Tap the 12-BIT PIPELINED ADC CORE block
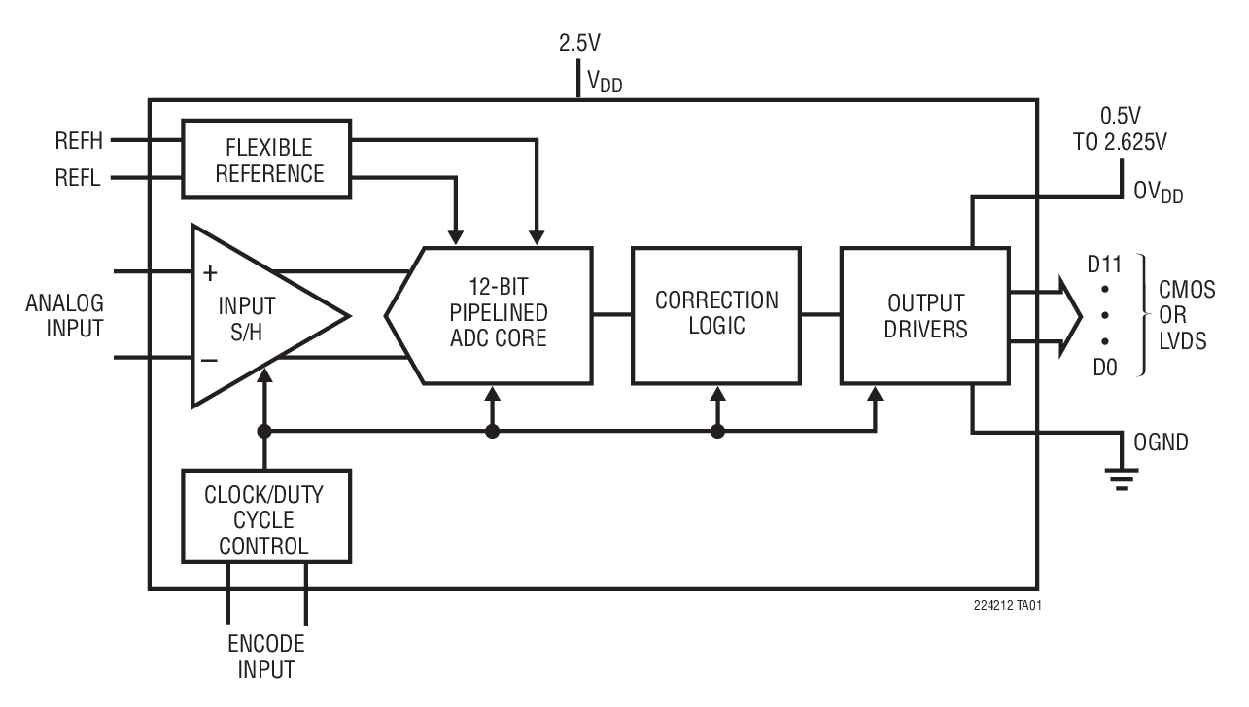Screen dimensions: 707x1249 point(500,316)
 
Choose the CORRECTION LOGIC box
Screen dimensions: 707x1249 point(716,314)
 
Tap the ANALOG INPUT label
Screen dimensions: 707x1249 point(64,315)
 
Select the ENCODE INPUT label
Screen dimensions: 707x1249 point(265,656)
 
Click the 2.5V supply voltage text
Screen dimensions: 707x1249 point(579,44)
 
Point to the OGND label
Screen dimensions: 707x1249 point(1161,443)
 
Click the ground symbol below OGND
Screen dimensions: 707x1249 point(1122,478)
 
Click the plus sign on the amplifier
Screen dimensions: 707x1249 point(210,271)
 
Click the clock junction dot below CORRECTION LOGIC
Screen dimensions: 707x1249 point(718,432)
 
